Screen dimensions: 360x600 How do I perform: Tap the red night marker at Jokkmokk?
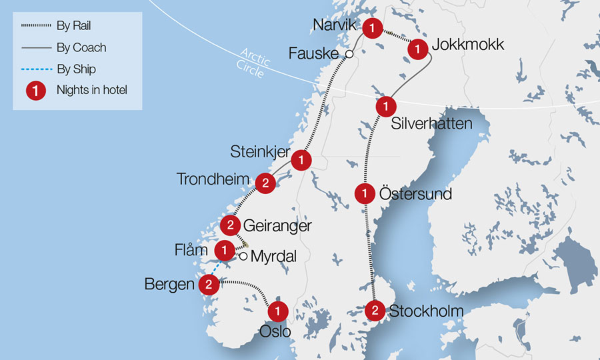[418, 48]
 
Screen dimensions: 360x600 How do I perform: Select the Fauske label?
[314, 53]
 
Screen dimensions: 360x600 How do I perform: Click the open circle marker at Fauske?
[347, 54]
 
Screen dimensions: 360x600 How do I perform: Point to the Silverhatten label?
[432, 123]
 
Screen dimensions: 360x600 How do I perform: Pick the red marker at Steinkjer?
[301, 160]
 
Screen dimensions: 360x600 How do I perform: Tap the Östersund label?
[415, 194]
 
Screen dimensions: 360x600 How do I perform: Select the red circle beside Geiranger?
[230, 225]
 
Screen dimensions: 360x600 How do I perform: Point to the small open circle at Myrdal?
[244, 256]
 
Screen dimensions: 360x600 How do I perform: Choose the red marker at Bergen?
[209, 285]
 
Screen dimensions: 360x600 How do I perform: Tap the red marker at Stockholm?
[375, 310]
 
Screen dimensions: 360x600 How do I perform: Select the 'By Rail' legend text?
[73, 27]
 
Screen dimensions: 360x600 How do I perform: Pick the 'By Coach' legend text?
[81, 48]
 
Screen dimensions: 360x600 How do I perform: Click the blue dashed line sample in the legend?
[35, 69]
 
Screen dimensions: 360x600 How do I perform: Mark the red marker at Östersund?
[365, 194]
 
